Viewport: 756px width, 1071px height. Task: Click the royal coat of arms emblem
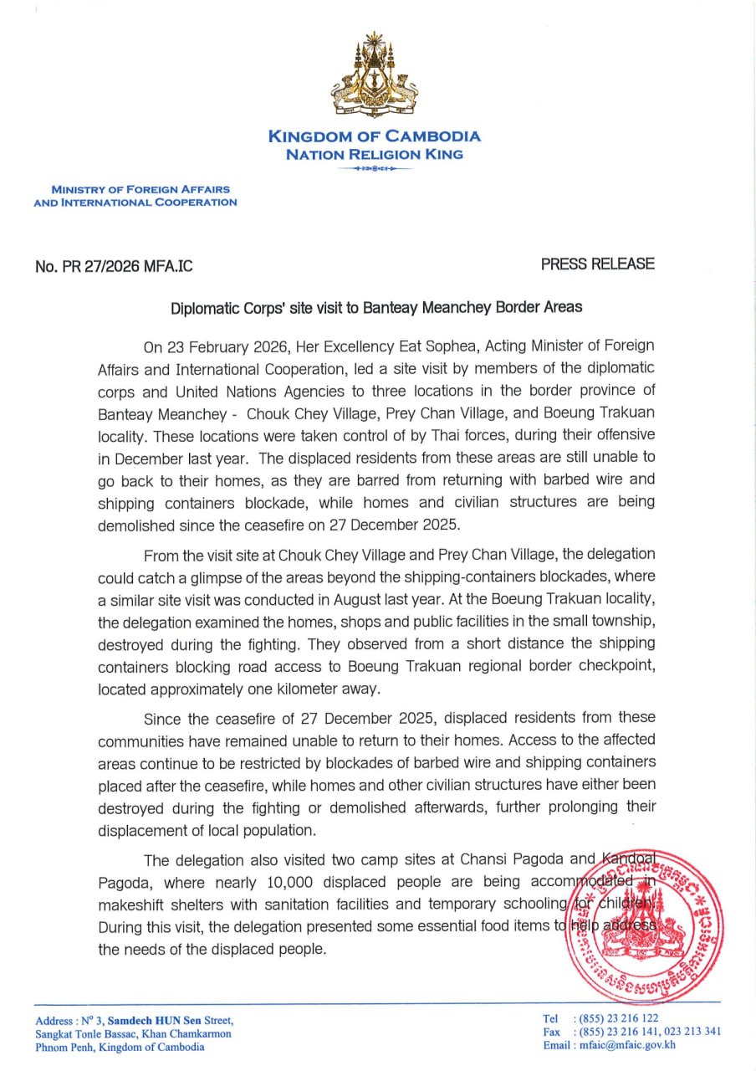tap(375, 76)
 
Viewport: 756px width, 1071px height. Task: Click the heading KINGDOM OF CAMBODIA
tap(374, 136)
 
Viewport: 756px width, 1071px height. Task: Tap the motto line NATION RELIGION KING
tap(374, 154)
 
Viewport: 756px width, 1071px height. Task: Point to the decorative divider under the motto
tap(374, 169)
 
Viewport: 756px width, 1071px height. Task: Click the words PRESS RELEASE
tap(597, 264)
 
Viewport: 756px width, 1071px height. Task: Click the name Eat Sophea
tap(421, 346)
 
